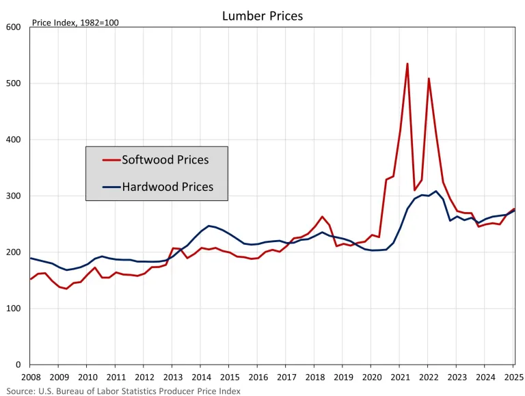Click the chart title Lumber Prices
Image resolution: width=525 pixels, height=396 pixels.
(x=262, y=15)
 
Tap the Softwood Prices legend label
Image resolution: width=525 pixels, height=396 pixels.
(x=165, y=160)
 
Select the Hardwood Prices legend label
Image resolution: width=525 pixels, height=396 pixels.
(x=167, y=186)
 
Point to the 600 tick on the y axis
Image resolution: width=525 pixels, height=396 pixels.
(x=14, y=27)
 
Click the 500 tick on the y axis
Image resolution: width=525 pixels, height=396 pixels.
(x=14, y=83)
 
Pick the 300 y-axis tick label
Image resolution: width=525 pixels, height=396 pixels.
(x=14, y=196)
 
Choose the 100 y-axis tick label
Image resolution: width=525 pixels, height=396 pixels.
(x=14, y=308)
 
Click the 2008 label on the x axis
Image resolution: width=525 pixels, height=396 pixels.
(x=31, y=377)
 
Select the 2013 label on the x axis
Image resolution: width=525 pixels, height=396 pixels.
(x=173, y=377)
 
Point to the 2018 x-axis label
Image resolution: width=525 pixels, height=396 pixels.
(x=314, y=377)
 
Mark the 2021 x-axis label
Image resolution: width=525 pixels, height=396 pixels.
(x=400, y=377)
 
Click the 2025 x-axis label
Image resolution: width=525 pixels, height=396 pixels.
(x=513, y=377)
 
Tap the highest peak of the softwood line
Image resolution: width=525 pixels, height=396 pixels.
(x=407, y=64)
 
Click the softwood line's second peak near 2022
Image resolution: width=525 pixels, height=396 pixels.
(x=429, y=79)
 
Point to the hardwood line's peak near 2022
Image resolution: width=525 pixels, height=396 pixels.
(x=436, y=191)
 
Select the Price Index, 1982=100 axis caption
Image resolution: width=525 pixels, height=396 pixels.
(x=75, y=23)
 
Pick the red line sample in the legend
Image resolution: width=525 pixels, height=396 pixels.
(x=111, y=160)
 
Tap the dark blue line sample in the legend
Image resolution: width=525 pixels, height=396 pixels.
(x=111, y=186)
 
